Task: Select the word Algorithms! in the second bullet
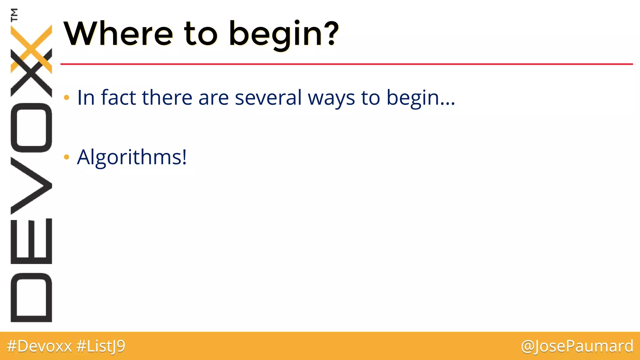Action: pyautogui.click(x=132, y=157)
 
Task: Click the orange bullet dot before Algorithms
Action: pyautogui.click(x=66, y=157)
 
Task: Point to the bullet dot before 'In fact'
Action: pyautogui.click(x=66, y=97)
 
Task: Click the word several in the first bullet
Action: pyautogui.click(x=268, y=97)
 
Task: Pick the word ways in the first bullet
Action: pyautogui.click(x=331, y=98)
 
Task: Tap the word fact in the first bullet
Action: pyautogui.click(x=118, y=97)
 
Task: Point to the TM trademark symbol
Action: pyautogui.click(x=14, y=15)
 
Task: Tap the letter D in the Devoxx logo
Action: pyautogui.click(x=31, y=297)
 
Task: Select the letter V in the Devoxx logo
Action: pyautogui.click(x=31, y=186)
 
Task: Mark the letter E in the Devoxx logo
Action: pyautogui.click(x=31, y=241)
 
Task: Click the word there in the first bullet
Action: pyautogui.click(x=167, y=97)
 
